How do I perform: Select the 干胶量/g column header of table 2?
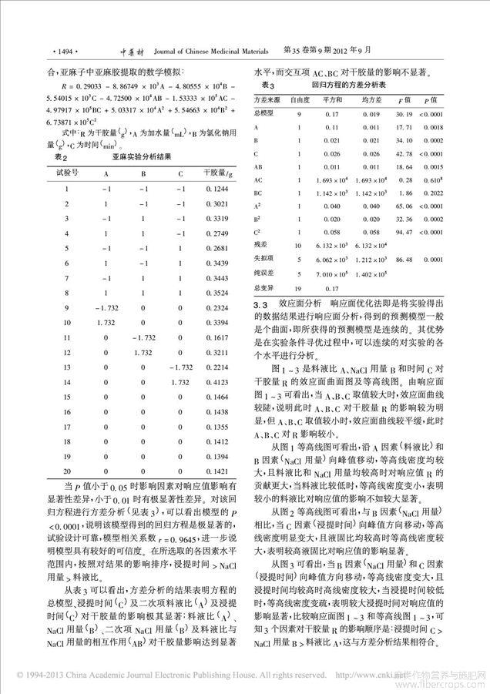coord(214,173)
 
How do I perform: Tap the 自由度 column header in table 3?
coord(300,101)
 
